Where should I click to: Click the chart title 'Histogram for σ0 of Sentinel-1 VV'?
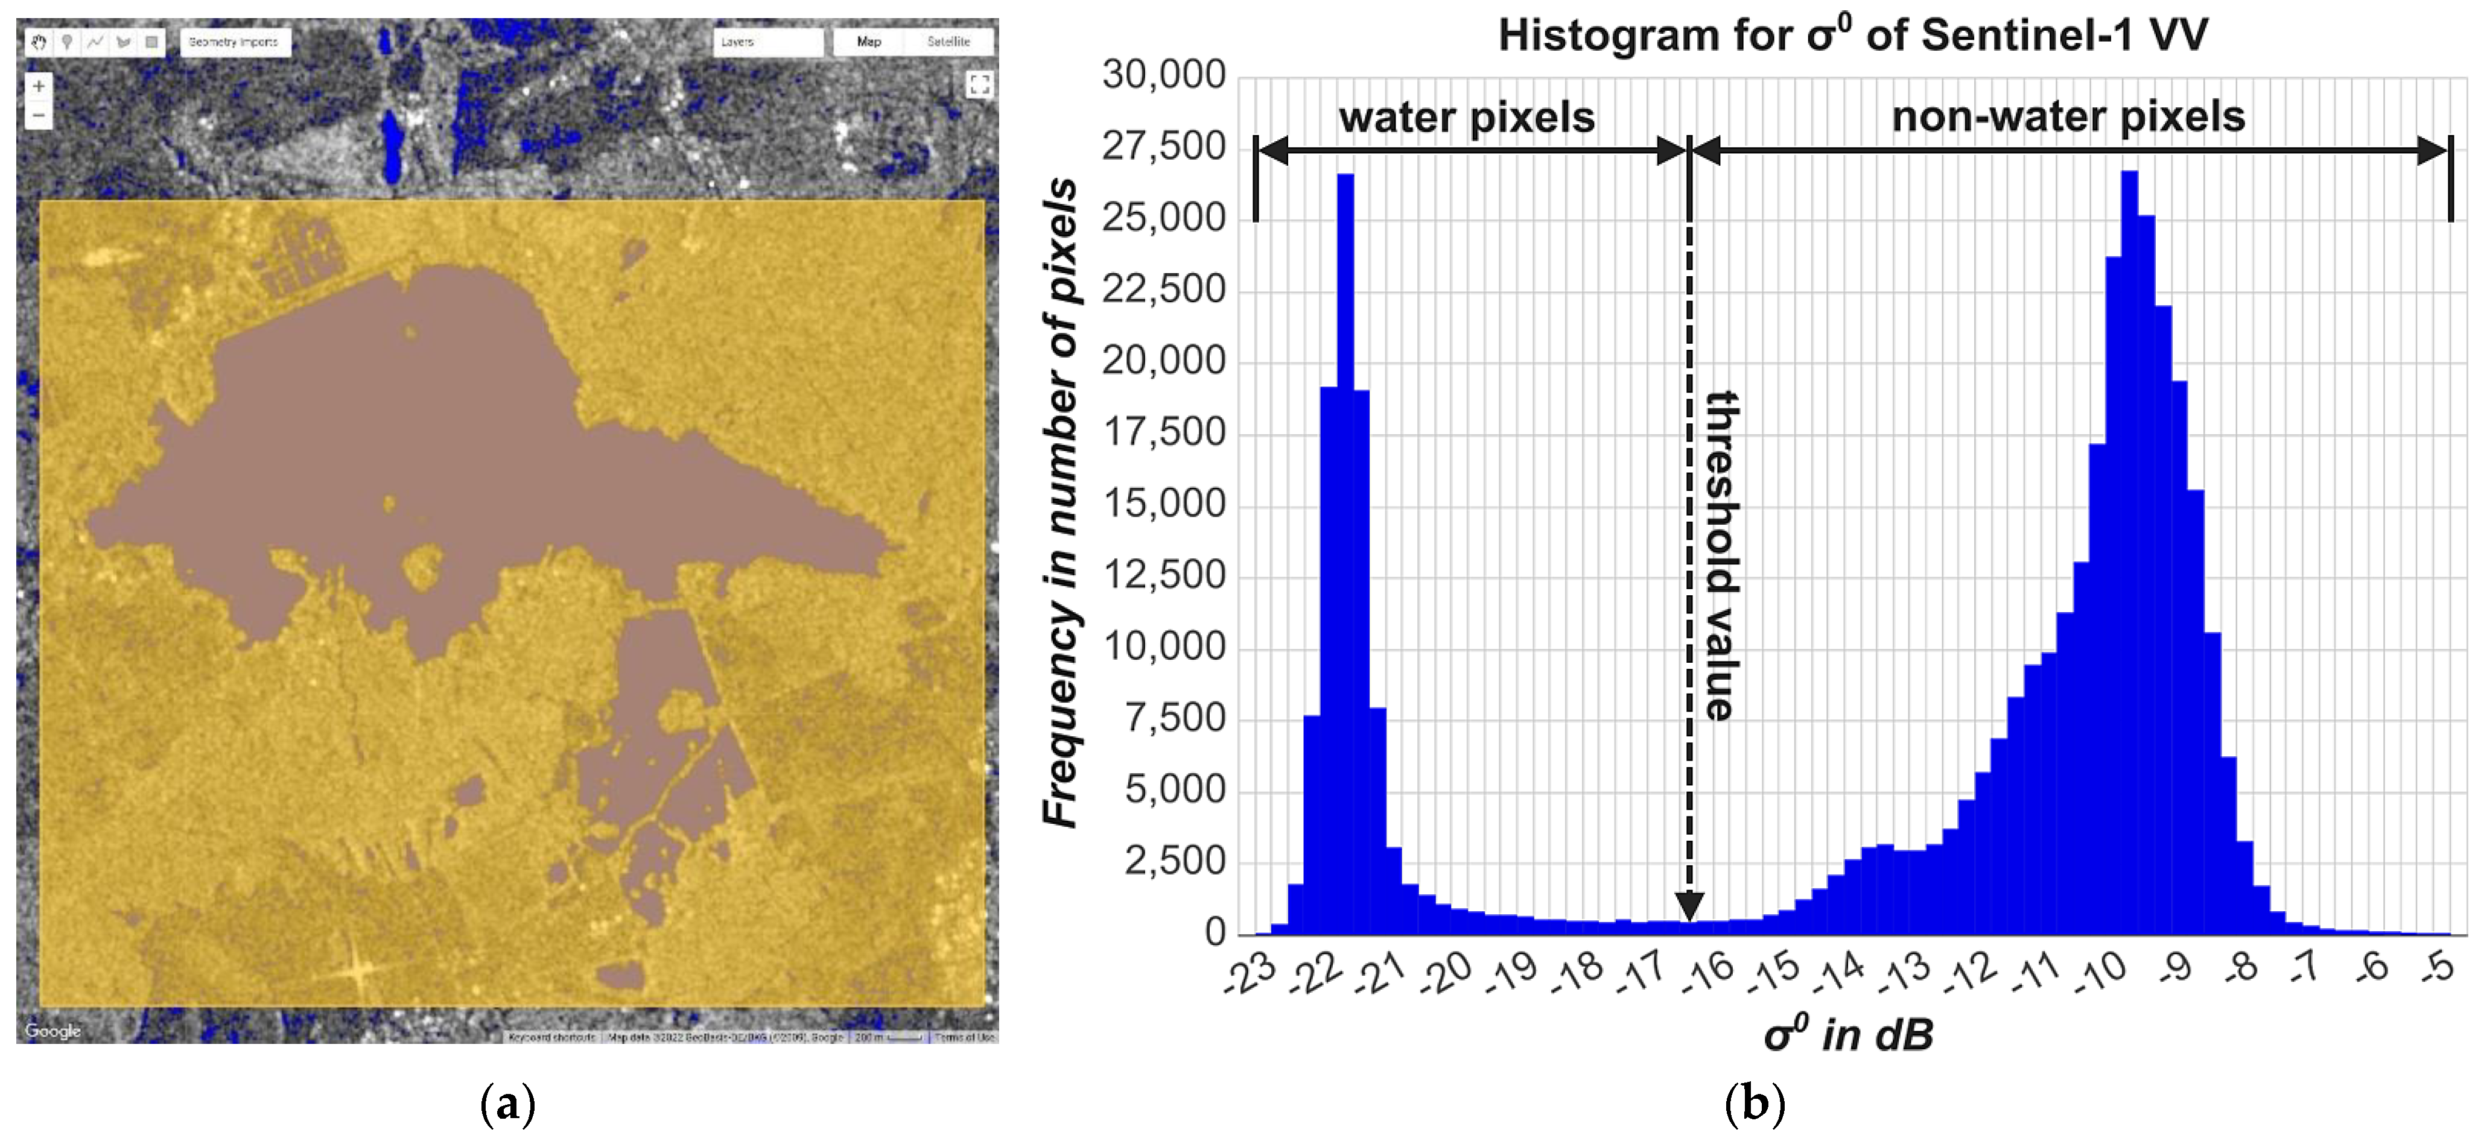click(1852, 36)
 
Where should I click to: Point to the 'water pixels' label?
click(1467, 118)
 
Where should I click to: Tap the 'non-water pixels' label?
click(2068, 117)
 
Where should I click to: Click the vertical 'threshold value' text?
click(1721, 555)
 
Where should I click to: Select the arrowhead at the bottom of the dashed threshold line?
click(1689, 906)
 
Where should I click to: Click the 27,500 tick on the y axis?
click(1163, 147)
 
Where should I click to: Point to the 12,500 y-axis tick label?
click(1163, 575)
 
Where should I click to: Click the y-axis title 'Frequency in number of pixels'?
click(1060, 502)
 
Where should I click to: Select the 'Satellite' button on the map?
click(948, 42)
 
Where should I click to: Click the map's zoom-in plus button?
click(39, 86)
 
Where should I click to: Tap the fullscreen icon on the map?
click(979, 85)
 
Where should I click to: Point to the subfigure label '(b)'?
click(1754, 1102)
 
